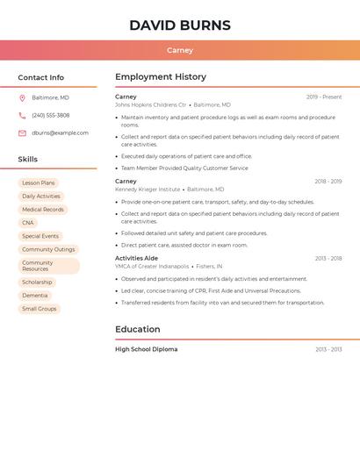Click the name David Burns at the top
point(180,25)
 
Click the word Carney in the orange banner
point(180,51)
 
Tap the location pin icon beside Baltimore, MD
point(22,97)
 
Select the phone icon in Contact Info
point(22,115)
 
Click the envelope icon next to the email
point(22,133)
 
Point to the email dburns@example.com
point(60,133)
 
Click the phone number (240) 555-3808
point(50,115)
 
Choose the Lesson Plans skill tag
point(39,182)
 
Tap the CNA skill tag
point(28,223)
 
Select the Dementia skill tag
point(35,296)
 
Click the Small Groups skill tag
point(40,309)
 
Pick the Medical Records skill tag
point(43,210)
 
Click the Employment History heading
point(161,77)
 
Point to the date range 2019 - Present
point(324,97)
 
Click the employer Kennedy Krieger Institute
point(148,189)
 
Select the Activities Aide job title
point(136,258)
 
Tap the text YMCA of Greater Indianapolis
point(152,266)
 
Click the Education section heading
point(138,330)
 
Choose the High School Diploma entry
point(146,349)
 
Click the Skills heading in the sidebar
point(28,160)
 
